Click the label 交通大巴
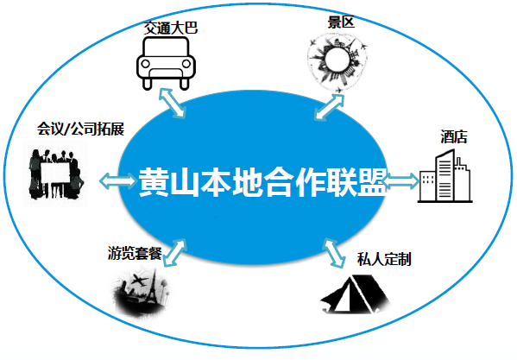click(x=171, y=28)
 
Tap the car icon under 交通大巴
click(x=167, y=63)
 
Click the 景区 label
click(x=341, y=22)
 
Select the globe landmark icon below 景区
click(x=337, y=64)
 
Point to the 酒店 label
click(x=454, y=136)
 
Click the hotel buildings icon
click(x=444, y=176)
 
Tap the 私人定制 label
click(x=384, y=259)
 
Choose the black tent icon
click(x=356, y=294)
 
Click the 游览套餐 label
click(x=135, y=253)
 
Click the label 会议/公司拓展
click(x=80, y=129)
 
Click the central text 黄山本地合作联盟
click(x=262, y=182)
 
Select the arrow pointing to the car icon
click(x=172, y=103)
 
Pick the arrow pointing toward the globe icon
click(x=329, y=106)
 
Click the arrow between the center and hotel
click(x=401, y=181)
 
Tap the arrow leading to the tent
click(x=335, y=253)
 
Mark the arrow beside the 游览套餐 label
click(x=174, y=253)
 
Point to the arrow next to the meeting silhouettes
click(x=117, y=181)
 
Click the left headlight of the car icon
click(x=145, y=64)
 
